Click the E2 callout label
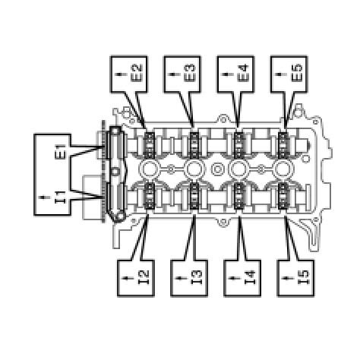pyautogui.click(x=137, y=74)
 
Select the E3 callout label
pyautogui.click(x=191, y=74)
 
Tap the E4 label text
pyautogui.click(x=244, y=74)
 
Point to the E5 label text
pyautogui.click(x=297, y=74)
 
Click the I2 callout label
pyautogui.click(x=143, y=278)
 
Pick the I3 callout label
pyautogui.click(x=196, y=278)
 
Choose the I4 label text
pyautogui.click(x=250, y=278)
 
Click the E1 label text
pyautogui.click(x=60, y=152)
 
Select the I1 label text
pyautogui.click(x=60, y=197)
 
